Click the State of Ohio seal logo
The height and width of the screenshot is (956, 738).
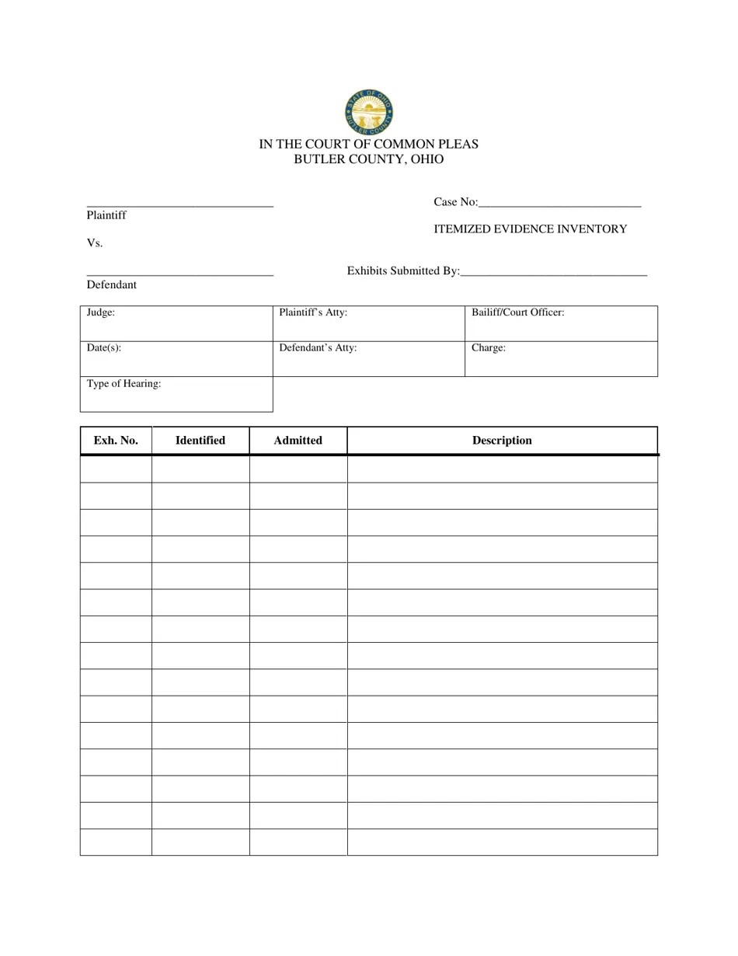pyautogui.click(x=368, y=112)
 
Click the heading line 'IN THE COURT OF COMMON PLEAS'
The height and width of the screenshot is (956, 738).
pyautogui.click(x=368, y=144)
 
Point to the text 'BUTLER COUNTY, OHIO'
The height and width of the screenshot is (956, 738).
pyautogui.click(x=368, y=159)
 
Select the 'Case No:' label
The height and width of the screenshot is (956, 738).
pyautogui.click(x=455, y=202)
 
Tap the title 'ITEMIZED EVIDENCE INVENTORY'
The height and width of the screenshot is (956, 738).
pyautogui.click(x=530, y=229)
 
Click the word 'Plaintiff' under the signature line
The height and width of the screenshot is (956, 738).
pyautogui.click(x=106, y=215)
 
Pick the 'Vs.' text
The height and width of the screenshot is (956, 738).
pyautogui.click(x=95, y=243)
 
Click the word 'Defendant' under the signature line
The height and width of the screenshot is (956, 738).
pyautogui.click(x=111, y=285)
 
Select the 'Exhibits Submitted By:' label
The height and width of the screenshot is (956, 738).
pyautogui.click(x=403, y=271)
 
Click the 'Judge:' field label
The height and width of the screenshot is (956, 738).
pyautogui.click(x=101, y=312)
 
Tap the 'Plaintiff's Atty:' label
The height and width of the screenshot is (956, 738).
pyautogui.click(x=313, y=312)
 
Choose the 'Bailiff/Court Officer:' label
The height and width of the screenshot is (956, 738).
pyautogui.click(x=517, y=312)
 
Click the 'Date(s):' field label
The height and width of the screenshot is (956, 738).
pyautogui.click(x=103, y=348)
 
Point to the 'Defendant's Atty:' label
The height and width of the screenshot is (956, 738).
pyautogui.click(x=318, y=348)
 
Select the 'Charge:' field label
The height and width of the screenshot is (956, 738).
pyautogui.click(x=489, y=348)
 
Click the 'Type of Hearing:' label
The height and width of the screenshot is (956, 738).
pyautogui.click(x=124, y=384)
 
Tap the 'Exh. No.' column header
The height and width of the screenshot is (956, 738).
pyautogui.click(x=116, y=441)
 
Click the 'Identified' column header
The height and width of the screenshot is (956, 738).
pyautogui.click(x=200, y=441)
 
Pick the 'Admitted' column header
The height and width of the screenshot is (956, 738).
pyautogui.click(x=298, y=441)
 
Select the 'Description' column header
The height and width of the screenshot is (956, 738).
pyautogui.click(x=502, y=441)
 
